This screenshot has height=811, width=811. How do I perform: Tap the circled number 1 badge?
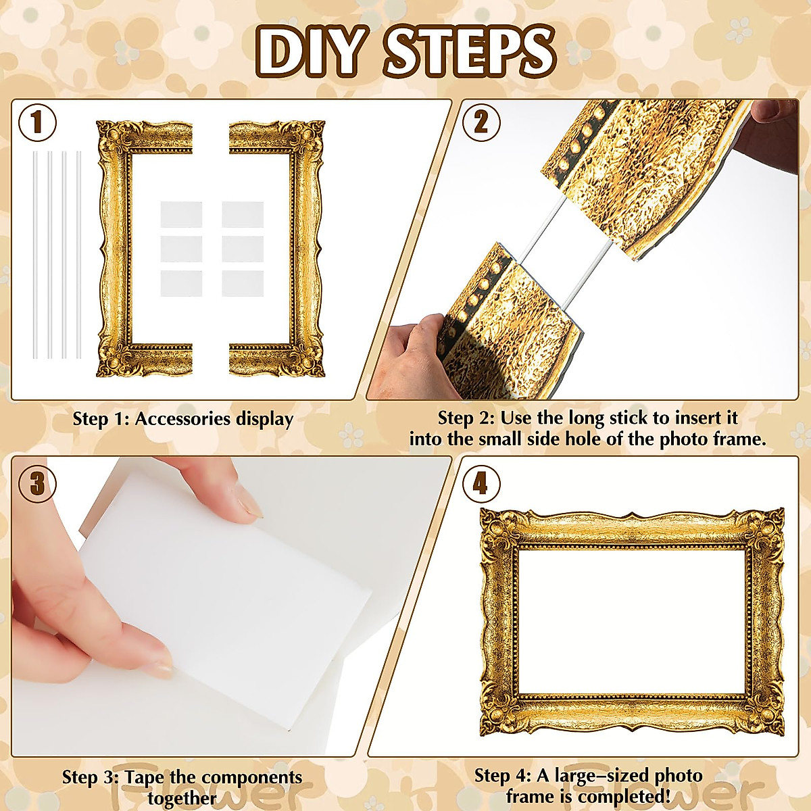38,123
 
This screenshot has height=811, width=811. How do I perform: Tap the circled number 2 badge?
481,123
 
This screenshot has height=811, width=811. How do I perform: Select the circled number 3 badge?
38,483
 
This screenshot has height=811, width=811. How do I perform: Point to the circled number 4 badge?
481,483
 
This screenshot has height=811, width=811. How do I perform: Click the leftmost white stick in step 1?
34,255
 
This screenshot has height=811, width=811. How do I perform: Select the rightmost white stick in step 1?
79,255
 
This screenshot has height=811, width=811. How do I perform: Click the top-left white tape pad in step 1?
181,215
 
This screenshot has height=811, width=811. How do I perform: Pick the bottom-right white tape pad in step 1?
243,283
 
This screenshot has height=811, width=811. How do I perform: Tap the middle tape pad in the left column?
181,249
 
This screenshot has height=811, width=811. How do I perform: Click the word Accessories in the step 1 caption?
182,419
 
